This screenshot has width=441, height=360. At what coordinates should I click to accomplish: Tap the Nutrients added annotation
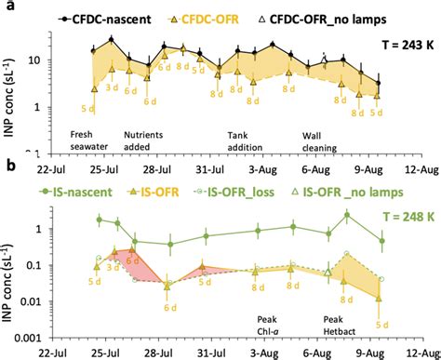click(x=162, y=140)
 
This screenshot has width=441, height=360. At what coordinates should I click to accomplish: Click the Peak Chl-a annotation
click(x=270, y=325)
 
